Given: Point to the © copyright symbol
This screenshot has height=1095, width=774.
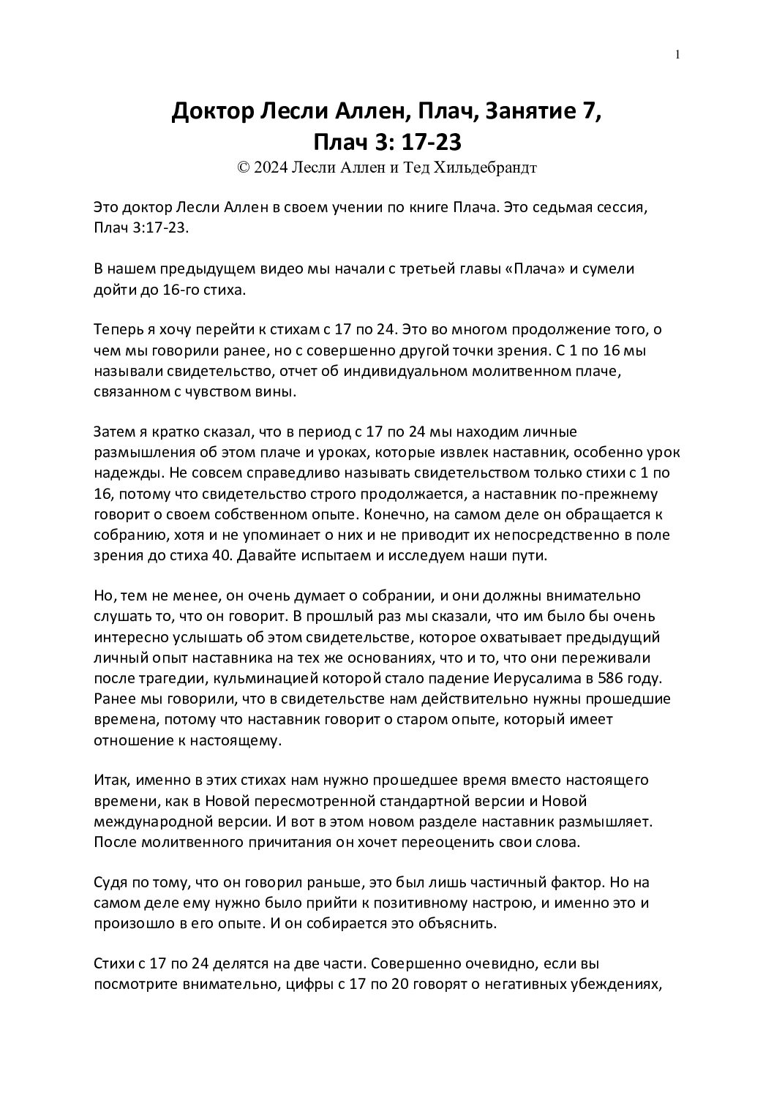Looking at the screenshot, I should pos(244,168).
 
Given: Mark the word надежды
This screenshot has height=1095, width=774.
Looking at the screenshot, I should pos(119,473).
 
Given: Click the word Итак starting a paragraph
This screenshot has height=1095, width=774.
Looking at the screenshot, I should pos(110,780).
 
